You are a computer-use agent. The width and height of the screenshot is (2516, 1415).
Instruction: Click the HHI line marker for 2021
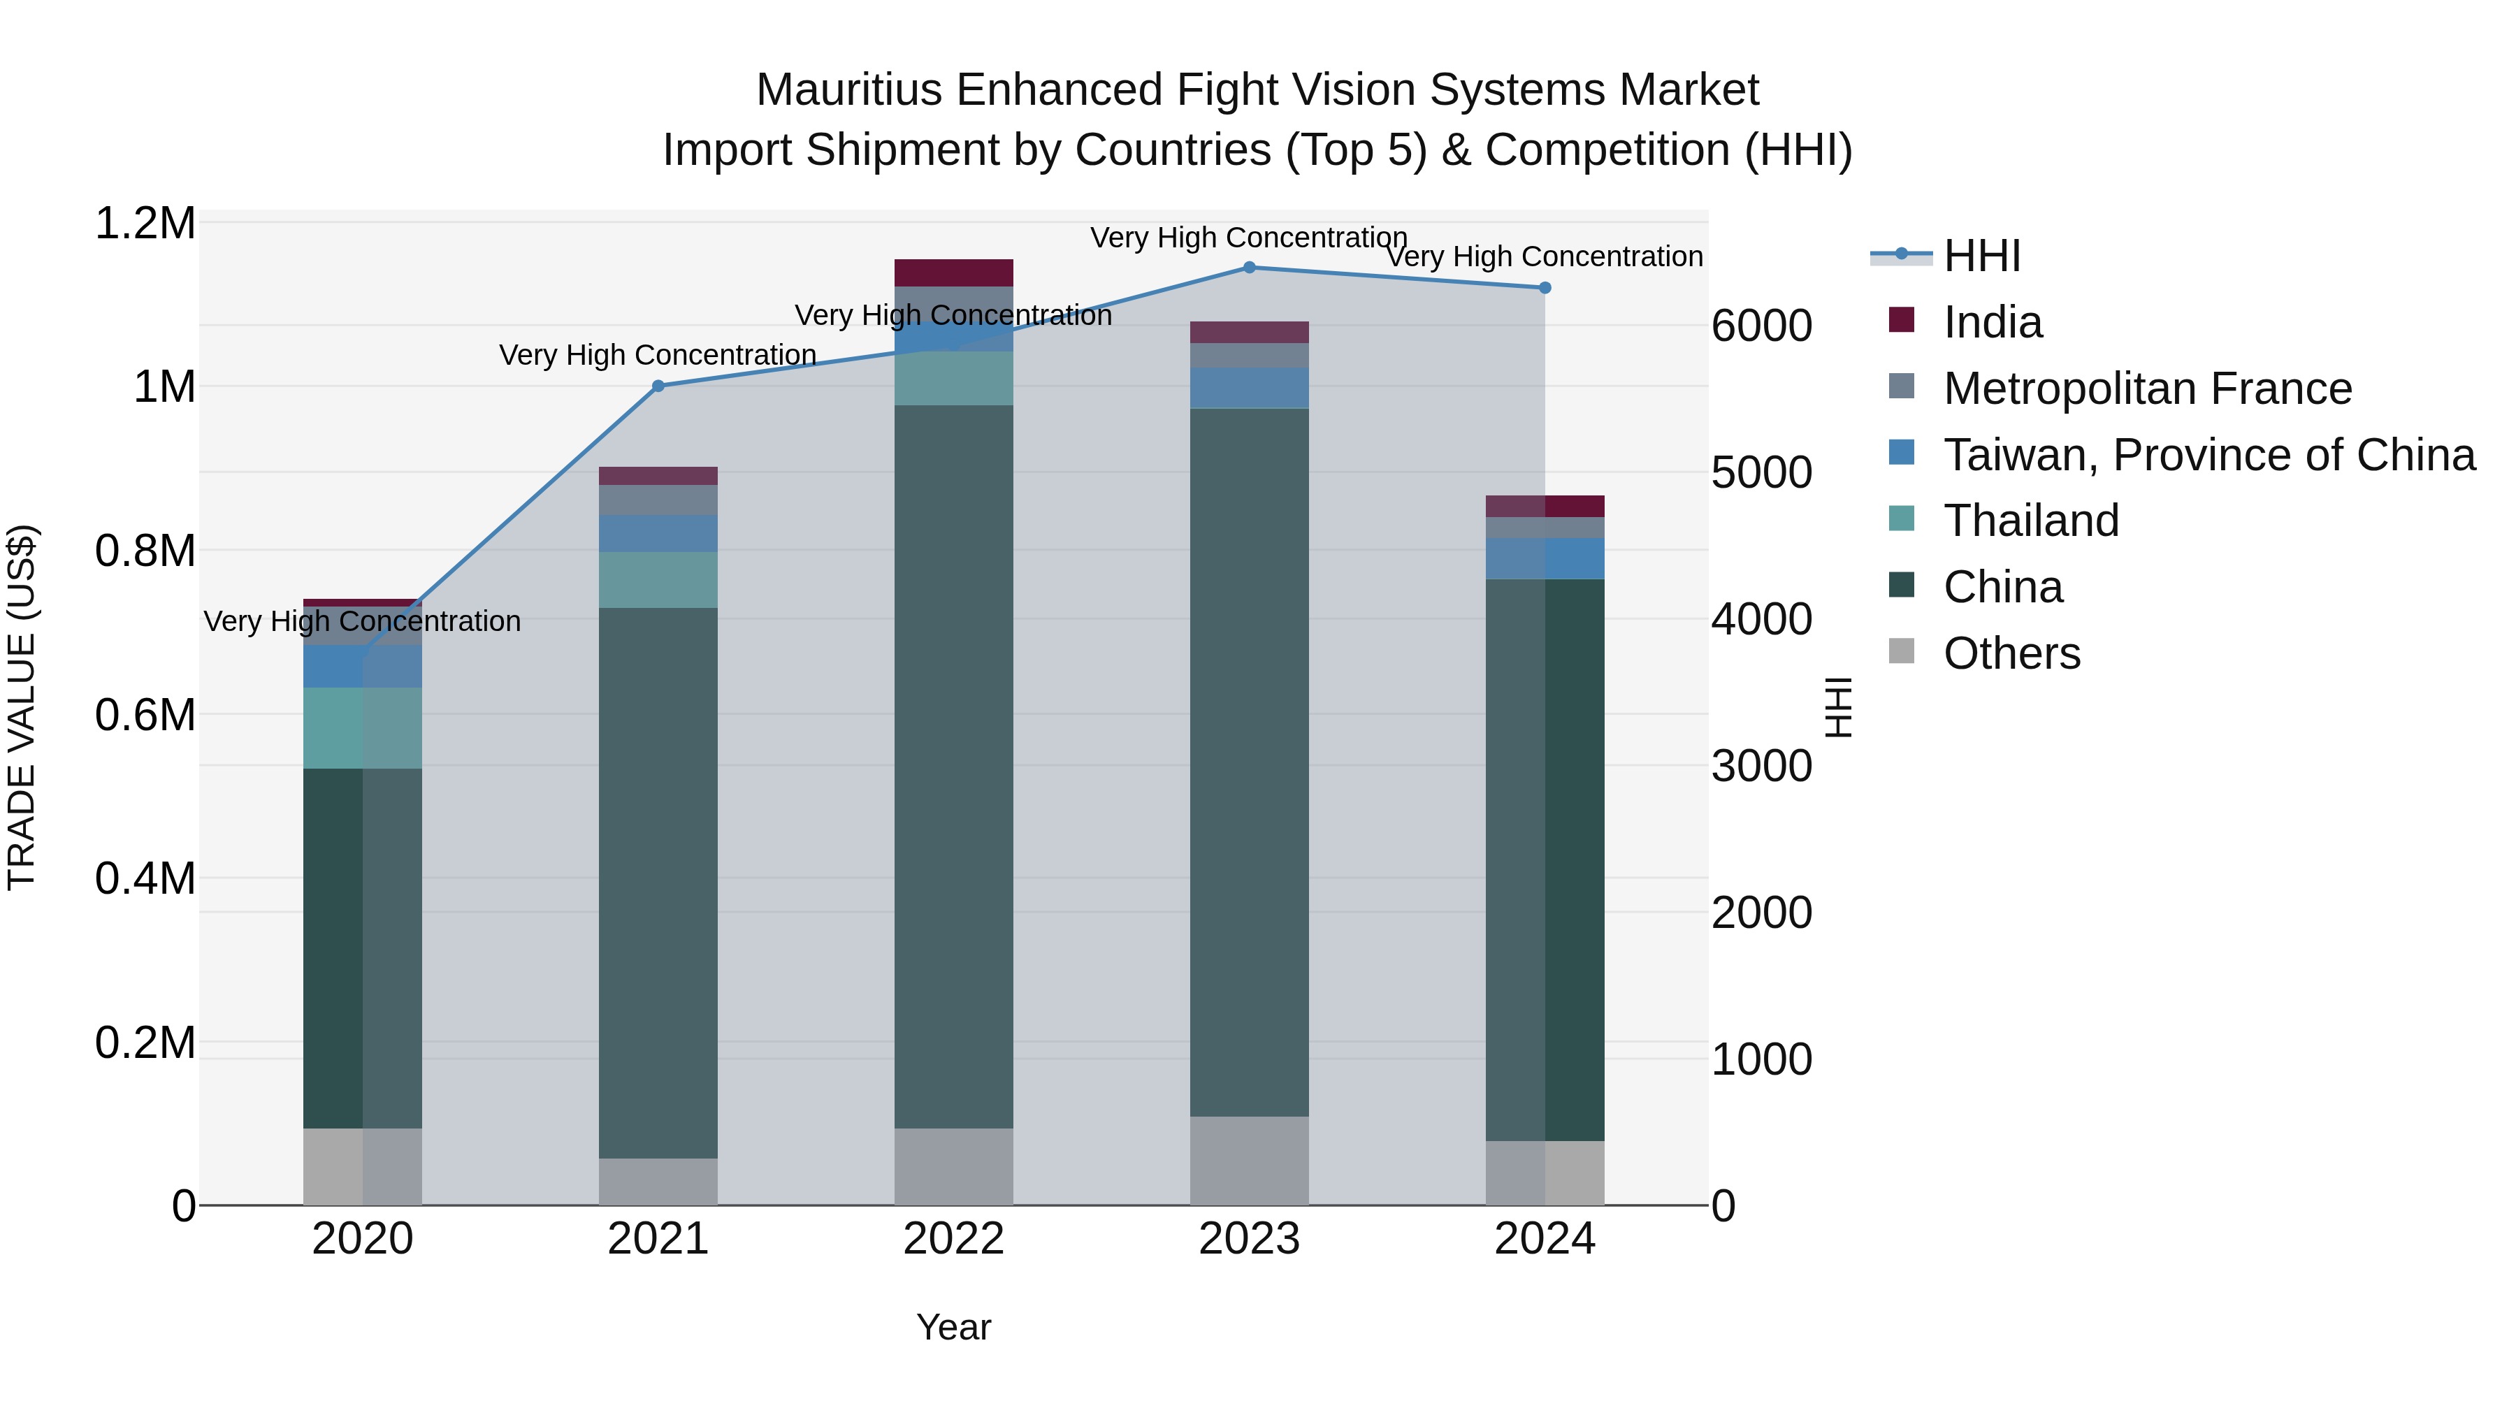pyautogui.click(x=658, y=386)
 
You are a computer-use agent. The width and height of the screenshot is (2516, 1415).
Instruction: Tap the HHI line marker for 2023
pyautogui.click(x=1249, y=268)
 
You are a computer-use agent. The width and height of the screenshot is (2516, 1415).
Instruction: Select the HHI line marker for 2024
pyautogui.click(x=1545, y=288)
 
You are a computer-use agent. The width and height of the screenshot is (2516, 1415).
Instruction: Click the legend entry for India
pyautogui.click(x=1992, y=322)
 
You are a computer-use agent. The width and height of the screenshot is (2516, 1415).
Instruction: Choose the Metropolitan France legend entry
pyautogui.click(x=2147, y=389)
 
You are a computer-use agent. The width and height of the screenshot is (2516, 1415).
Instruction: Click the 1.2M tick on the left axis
pyautogui.click(x=145, y=224)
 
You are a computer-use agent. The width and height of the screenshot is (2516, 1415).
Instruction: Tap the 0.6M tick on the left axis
pyautogui.click(x=145, y=715)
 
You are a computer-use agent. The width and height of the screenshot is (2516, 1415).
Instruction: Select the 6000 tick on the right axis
pyautogui.click(x=1761, y=326)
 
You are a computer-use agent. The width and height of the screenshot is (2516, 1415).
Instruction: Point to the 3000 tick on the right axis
pyautogui.click(x=1761, y=767)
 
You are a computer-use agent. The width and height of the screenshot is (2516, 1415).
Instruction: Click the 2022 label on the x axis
pyautogui.click(x=953, y=1239)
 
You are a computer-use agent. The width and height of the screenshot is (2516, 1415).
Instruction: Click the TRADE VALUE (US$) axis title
pyautogui.click(x=22, y=707)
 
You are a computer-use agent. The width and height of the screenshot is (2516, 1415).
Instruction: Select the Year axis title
pyautogui.click(x=953, y=1327)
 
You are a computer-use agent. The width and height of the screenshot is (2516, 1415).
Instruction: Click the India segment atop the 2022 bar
pyautogui.click(x=953, y=273)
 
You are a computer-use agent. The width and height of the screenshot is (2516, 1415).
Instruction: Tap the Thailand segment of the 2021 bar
pyautogui.click(x=658, y=580)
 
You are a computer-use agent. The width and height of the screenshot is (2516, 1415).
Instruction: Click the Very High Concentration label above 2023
pyautogui.click(x=1248, y=238)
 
